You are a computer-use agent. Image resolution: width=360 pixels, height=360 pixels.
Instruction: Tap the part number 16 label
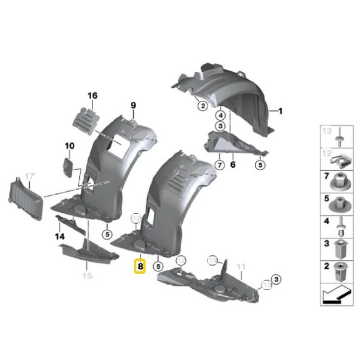tap(92, 95)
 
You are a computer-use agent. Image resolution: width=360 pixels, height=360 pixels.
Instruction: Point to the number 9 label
tap(133, 106)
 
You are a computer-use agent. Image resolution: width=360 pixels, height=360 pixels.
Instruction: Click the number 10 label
tap(69, 146)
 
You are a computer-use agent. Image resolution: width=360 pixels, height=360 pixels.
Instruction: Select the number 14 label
tap(59, 235)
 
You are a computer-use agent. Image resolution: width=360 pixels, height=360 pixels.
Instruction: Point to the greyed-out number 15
tap(87, 276)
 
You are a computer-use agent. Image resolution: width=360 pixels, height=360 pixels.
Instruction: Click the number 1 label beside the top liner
tap(281, 111)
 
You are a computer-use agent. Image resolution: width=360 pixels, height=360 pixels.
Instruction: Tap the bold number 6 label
tap(232, 164)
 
